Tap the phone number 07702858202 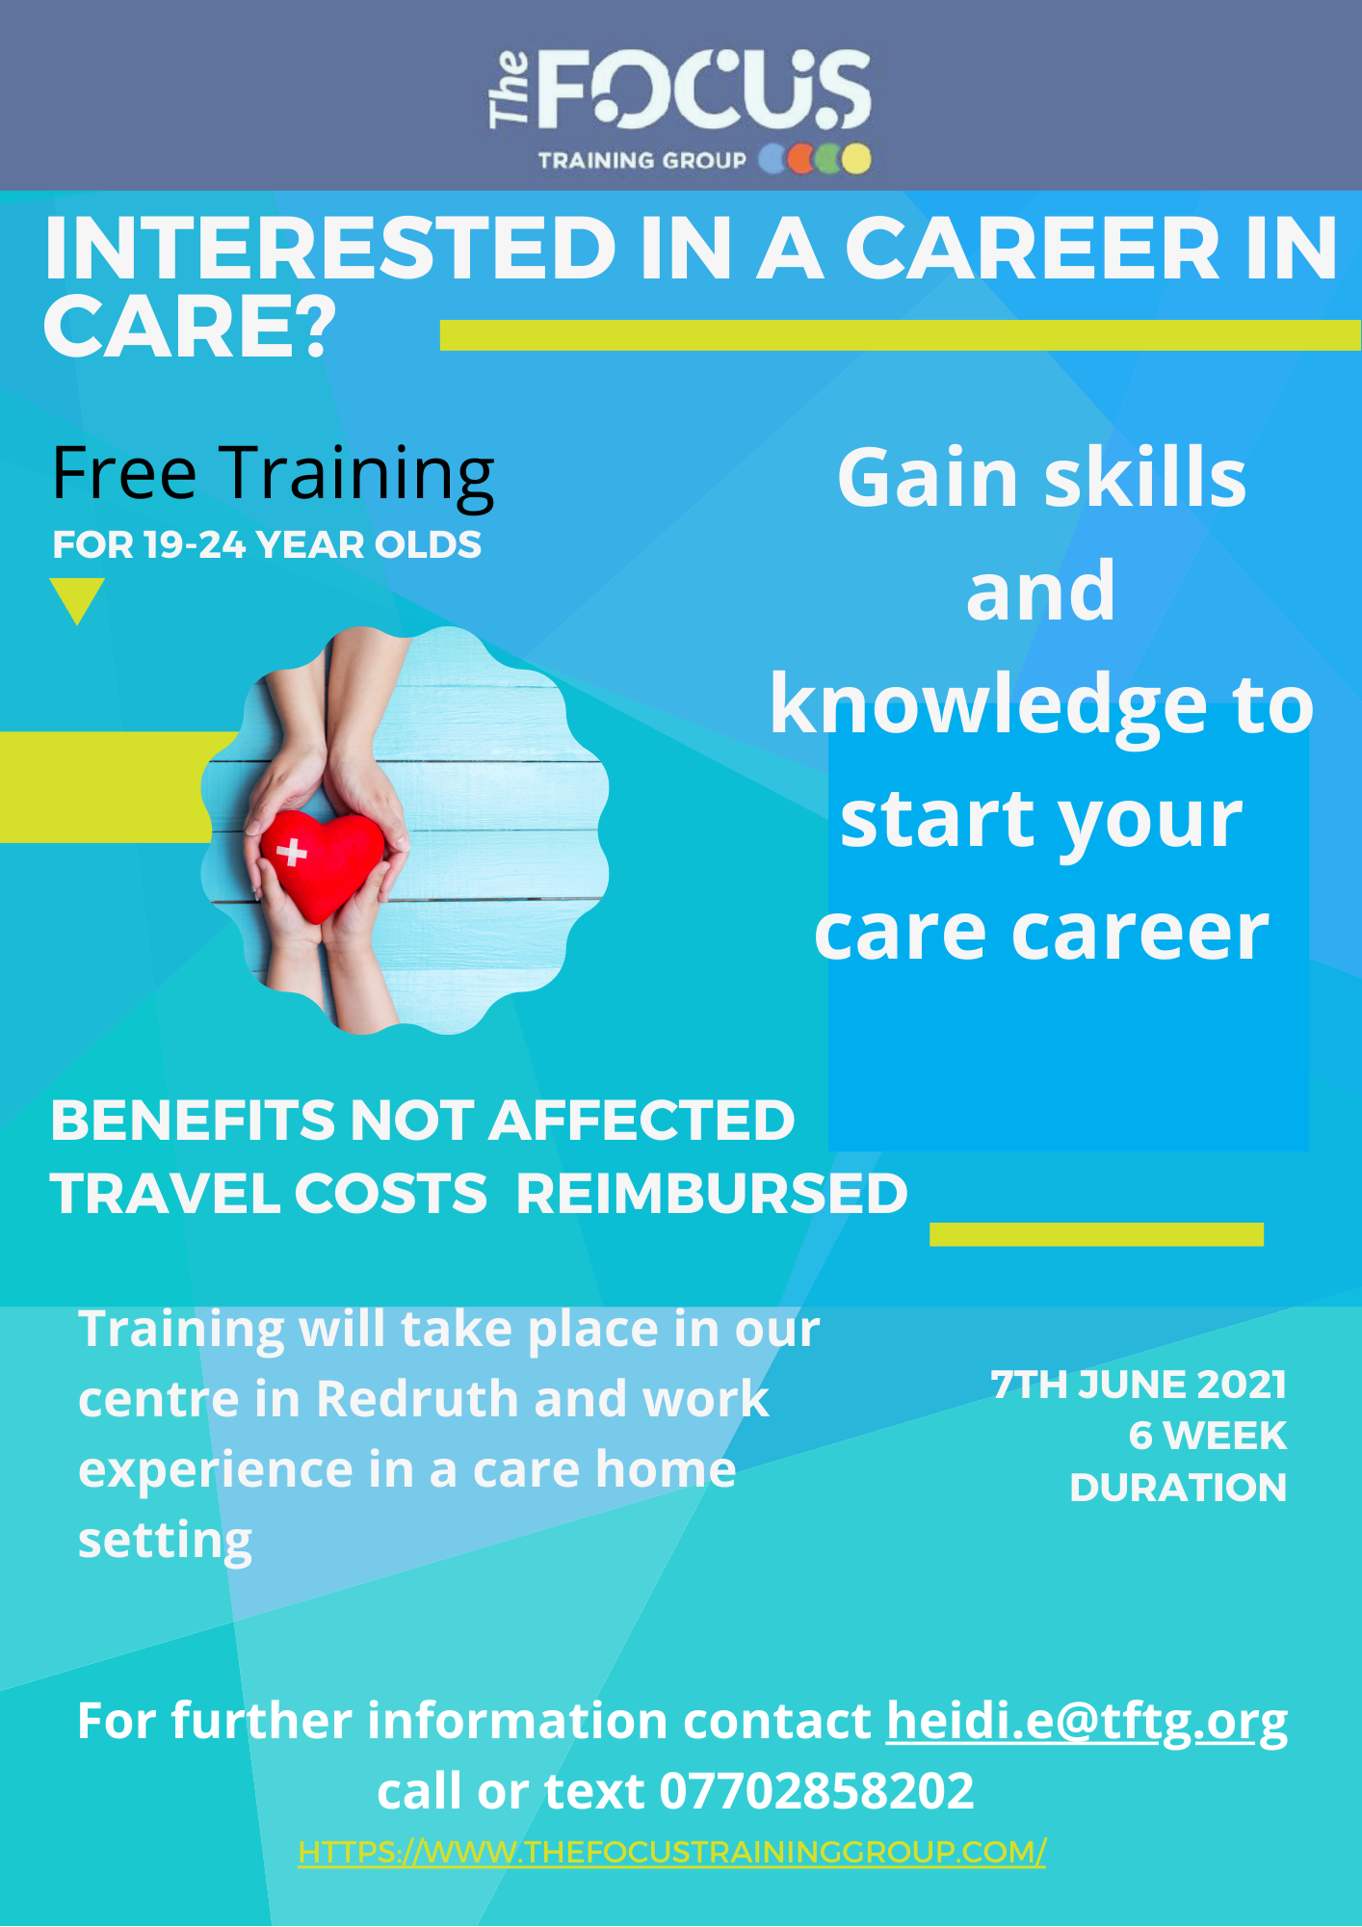pos(817,1791)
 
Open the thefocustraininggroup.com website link pos(671,1852)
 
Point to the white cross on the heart pos(292,852)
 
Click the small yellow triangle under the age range pos(77,599)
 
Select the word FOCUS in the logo pos(702,92)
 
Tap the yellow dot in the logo pos(855,159)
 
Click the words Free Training pos(273,474)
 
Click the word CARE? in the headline pos(190,326)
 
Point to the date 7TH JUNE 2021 pos(1139,1385)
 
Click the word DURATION pos(1178,1488)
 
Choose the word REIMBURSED pos(712,1194)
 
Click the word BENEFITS pos(193,1121)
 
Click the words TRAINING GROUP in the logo pos(642,160)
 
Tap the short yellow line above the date pos(1096,1234)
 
